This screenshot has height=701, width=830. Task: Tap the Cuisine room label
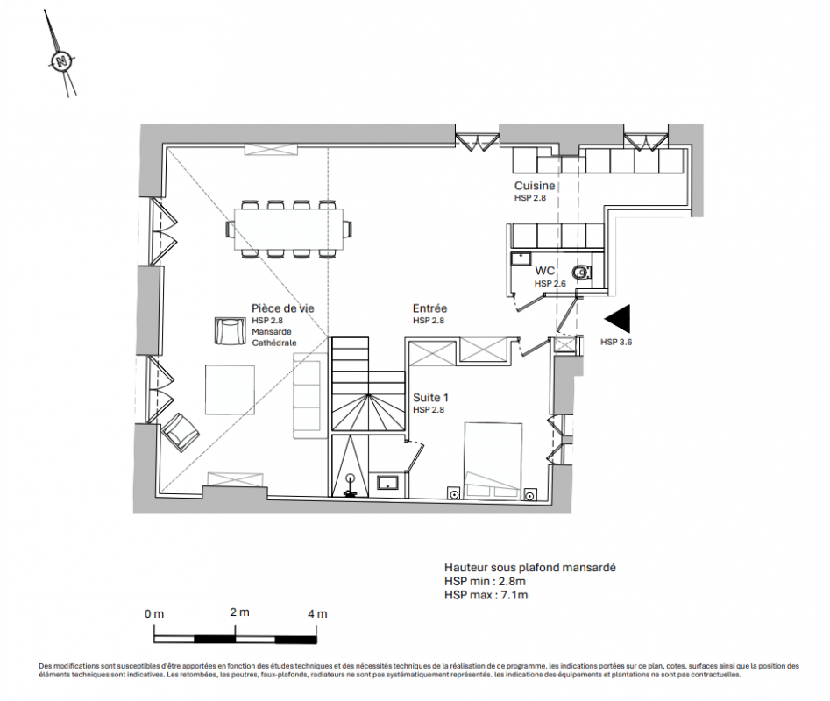(x=535, y=186)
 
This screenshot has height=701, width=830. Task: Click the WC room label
(x=544, y=271)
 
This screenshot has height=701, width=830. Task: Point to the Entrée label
(x=429, y=308)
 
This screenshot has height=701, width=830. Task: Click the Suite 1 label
(x=431, y=397)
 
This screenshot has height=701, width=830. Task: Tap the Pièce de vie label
(x=283, y=308)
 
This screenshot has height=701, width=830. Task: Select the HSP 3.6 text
(x=616, y=343)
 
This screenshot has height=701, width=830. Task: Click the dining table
(x=289, y=229)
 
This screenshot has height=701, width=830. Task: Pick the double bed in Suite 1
(x=493, y=460)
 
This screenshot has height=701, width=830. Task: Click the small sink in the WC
(x=521, y=259)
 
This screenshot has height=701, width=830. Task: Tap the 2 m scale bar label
(x=240, y=612)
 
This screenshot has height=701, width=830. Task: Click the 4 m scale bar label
(x=317, y=613)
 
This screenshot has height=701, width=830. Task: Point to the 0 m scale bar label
(x=154, y=613)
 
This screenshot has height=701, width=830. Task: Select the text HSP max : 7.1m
(x=486, y=595)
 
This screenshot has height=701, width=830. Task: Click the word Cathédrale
(x=274, y=343)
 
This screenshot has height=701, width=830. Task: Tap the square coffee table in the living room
(x=230, y=389)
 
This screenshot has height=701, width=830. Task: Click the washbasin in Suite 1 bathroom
(x=388, y=483)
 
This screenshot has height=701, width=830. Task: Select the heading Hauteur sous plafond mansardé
(x=530, y=568)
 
